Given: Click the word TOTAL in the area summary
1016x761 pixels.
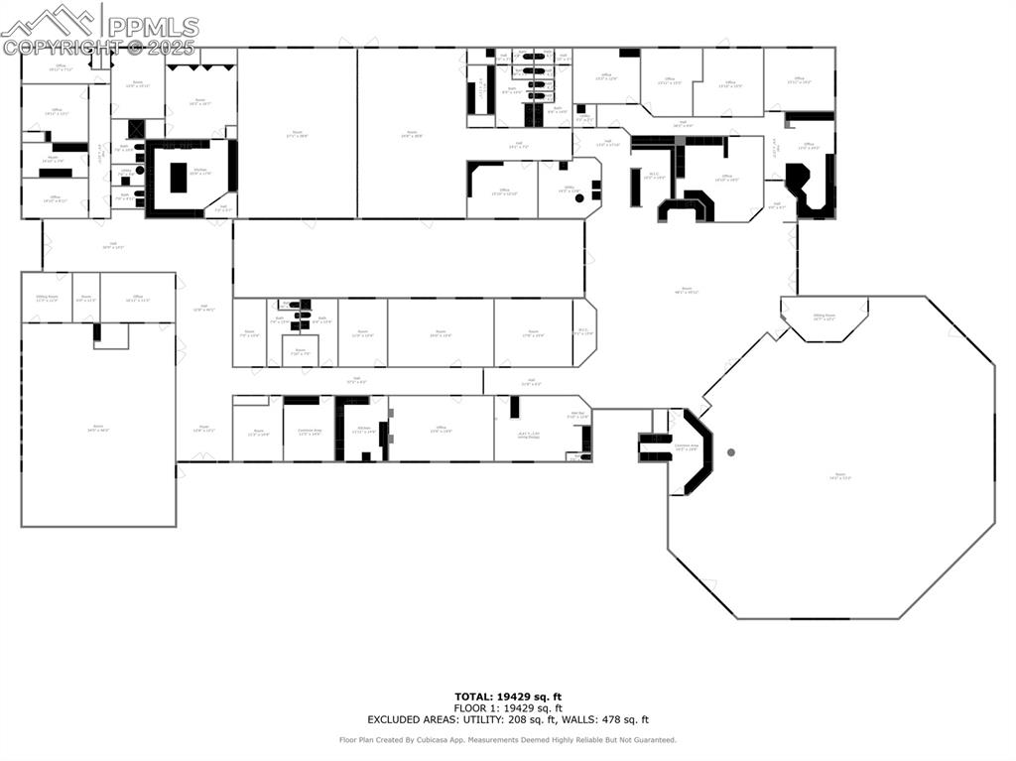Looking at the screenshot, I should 472,697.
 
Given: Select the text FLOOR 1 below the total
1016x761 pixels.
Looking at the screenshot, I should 480,708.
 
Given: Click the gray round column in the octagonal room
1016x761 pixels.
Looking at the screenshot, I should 731,452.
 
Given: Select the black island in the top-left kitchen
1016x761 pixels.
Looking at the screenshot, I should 179,178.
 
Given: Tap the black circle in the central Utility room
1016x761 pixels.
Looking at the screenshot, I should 579,198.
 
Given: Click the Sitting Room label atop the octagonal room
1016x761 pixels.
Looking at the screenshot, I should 825,317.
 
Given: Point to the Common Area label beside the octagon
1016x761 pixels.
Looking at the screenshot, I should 687,447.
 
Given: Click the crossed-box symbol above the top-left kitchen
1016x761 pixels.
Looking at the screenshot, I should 136,129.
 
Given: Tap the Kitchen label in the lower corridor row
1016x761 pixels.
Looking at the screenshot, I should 363,429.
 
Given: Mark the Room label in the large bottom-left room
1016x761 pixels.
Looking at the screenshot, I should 98,429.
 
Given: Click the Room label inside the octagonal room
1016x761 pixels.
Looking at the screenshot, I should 841,476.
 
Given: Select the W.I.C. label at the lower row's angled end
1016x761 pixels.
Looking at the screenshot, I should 583,332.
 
